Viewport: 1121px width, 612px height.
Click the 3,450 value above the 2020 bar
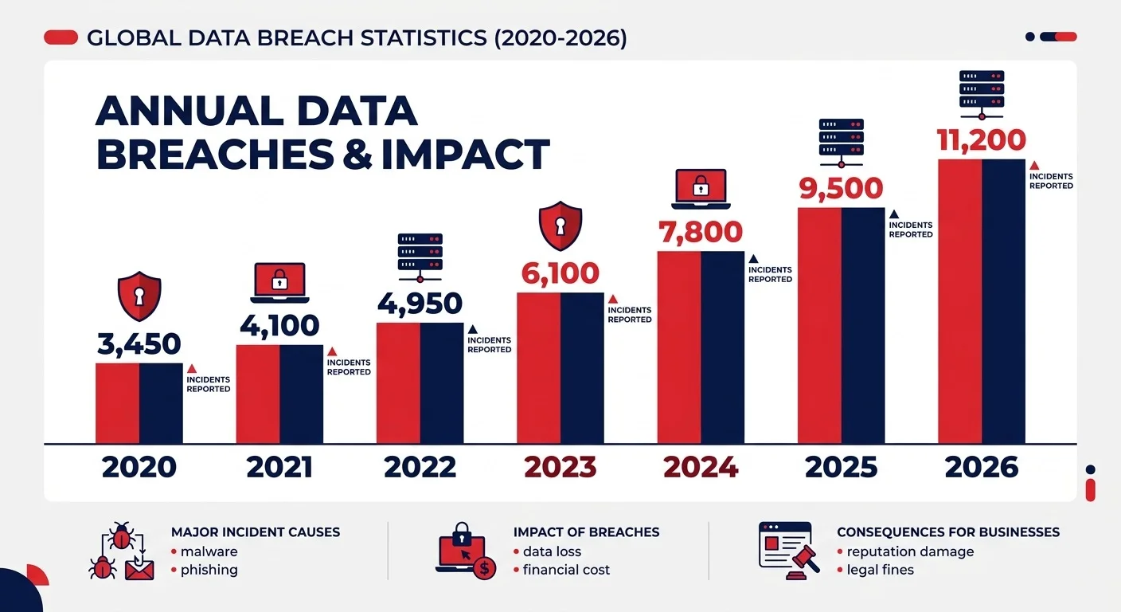tap(139, 344)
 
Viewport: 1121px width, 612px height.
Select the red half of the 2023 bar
tap(538, 367)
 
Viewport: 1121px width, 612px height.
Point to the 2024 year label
tap(701, 467)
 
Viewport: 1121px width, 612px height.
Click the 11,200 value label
tap(981, 141)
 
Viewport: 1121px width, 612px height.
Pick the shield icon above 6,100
tap(560, 226)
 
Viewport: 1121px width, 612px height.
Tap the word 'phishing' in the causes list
tap(209, 570)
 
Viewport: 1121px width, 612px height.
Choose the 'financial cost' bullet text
tap(566, 570)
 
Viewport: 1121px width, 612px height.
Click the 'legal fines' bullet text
tap(880, 570)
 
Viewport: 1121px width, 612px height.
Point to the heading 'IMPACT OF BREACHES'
tap(586, 532)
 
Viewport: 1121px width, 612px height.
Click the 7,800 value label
tap(700, 232)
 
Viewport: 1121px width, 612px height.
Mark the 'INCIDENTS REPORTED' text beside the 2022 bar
tap(489, 345)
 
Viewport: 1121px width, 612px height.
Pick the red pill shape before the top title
tap(61, 37)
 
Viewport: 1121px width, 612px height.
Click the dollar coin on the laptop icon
tap(483, 567)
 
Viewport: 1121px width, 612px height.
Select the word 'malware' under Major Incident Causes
tap(209, 551)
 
